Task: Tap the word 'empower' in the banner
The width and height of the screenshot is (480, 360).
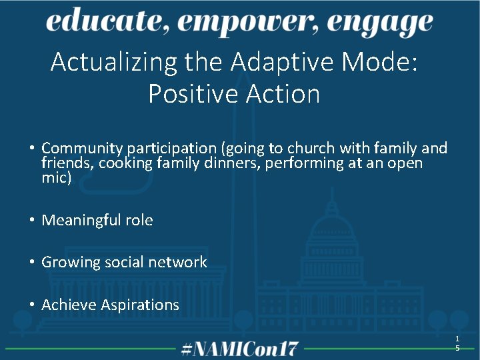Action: pyautogui.click(x=250, y=24)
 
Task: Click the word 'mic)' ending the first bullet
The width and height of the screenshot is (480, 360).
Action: pyautogui.click(x=56, y=179)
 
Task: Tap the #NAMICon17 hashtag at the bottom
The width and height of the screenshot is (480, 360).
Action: pyautogui.click(x=240, y=348)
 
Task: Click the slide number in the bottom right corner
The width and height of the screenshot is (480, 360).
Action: pyautogui.click(x=457, y=343)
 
